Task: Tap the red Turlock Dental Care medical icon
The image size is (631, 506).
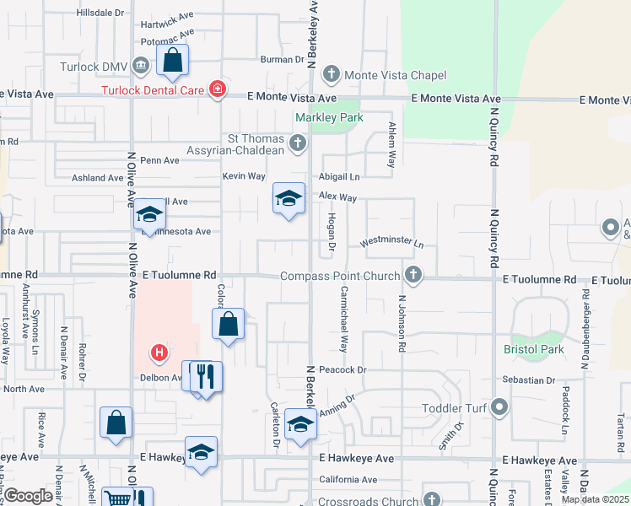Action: [x=218, y=89]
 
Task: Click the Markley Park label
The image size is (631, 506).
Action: [x=328, y=118]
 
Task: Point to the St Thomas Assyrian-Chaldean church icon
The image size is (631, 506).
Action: [x=298, y=144]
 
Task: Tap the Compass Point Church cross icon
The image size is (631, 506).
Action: [x=413, y=275]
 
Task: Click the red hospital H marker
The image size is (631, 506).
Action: [x=158, y=353]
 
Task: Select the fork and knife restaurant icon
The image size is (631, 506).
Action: [x=205, y=377]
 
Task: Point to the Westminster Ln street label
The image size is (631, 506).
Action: [x=391, y=242]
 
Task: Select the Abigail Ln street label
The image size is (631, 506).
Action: [x=339, y=177]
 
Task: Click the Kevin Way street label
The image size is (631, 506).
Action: [x=244, y=176]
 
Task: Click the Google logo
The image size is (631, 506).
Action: [x=28, y=496]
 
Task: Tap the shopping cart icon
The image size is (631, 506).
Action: [x=118, y=499]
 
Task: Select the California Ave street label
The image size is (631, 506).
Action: [x=348, y=480]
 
